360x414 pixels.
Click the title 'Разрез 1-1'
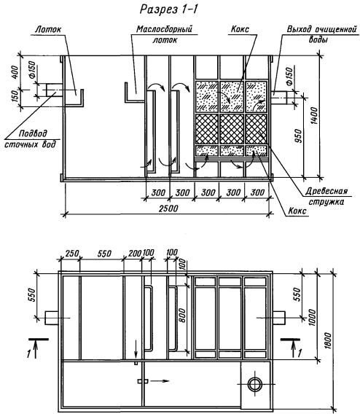click(168, 9)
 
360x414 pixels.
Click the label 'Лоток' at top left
click(48, 29)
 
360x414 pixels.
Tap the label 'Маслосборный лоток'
click(165, 34)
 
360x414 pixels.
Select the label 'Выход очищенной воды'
click(321, 34)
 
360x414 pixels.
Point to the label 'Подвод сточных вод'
click(31, 139)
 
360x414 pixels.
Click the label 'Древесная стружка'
click(326, 196)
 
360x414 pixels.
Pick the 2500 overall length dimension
click(168, 208)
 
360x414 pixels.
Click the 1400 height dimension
click(314, 115)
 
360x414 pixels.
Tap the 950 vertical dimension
click(298, 136)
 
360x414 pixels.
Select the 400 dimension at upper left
click(15, 72)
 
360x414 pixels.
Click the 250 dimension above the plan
click(72, 254)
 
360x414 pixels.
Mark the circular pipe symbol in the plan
click(254, 384)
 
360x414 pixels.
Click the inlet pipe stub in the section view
click(55, 90)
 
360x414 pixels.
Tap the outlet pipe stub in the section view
click(281, 98)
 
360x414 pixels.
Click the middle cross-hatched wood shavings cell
click(232, 129)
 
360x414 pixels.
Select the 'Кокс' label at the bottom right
click(297, 211)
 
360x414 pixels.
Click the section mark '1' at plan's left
click(29, 354)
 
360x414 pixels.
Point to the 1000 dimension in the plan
click(312, 318)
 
